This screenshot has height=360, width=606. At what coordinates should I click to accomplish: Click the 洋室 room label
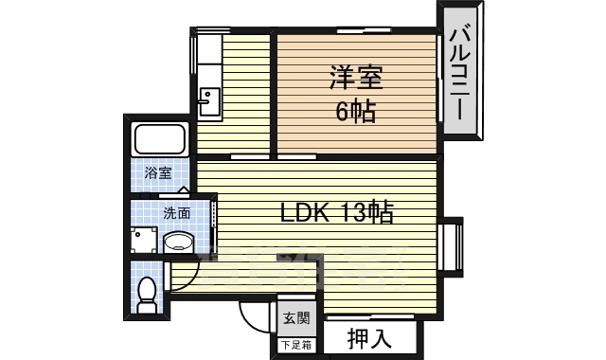point(356,79)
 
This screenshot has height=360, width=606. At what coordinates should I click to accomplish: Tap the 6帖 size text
point(356,113)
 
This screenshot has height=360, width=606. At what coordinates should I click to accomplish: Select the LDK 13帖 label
point(336,212)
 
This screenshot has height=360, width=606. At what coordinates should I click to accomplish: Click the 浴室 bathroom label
point(158,172)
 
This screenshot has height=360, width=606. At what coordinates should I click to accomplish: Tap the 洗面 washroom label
point(177,213)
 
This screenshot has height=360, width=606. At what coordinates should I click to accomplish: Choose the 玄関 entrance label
point(296,318)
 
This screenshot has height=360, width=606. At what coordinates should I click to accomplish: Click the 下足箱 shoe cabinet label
point(296,345)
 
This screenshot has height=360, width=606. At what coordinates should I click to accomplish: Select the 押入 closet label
point(369,338)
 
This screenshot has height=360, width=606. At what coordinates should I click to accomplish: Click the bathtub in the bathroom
point(159,139)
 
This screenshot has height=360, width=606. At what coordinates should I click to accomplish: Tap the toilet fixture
point(148,295)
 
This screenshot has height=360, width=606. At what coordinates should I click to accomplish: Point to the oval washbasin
point(178,243)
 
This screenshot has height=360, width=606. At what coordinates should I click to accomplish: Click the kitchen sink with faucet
point(210,101)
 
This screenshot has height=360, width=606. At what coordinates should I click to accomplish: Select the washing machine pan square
point(144,240)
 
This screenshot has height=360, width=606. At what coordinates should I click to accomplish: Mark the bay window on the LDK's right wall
point(452,247)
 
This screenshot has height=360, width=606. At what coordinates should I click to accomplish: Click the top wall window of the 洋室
point(364,29)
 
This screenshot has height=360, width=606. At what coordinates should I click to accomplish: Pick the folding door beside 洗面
point(214,220)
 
